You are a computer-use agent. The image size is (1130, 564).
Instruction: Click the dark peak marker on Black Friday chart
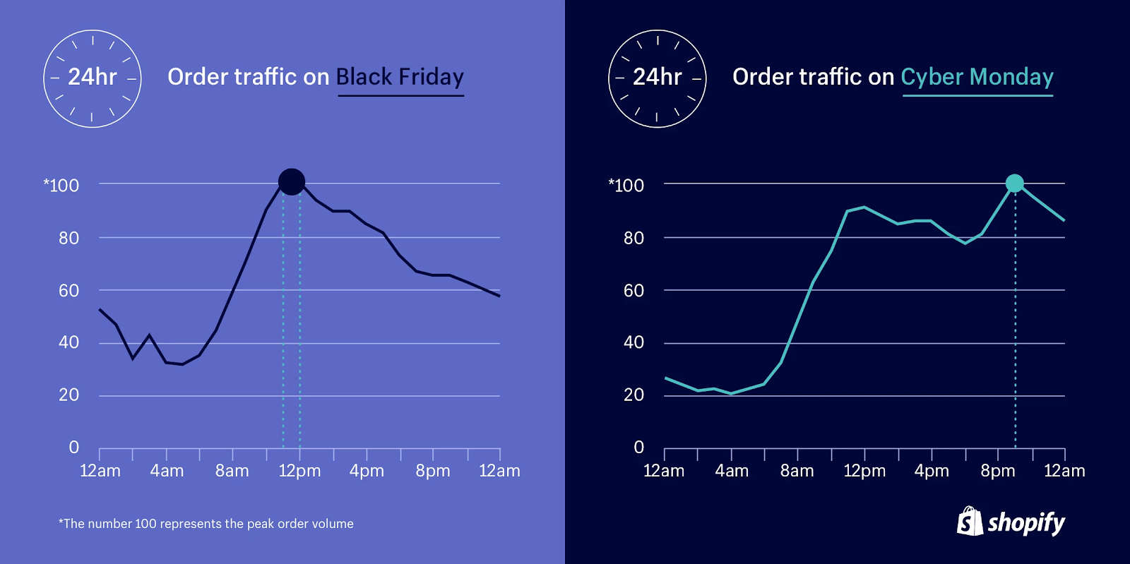point(292,182)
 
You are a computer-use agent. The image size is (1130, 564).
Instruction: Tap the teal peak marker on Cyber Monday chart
point(1015,184)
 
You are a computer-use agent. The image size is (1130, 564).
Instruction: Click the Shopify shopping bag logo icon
point(970,522)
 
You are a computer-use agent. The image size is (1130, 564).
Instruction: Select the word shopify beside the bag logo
point(1026,523)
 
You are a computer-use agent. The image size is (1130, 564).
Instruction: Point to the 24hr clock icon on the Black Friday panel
point(93,78)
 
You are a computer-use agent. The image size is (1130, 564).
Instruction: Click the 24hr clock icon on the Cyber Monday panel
point(658,78)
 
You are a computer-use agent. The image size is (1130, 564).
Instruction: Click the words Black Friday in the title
point(400,76)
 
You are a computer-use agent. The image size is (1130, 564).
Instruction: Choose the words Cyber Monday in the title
point(977,76)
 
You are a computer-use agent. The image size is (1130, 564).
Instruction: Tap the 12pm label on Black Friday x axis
point(299,471)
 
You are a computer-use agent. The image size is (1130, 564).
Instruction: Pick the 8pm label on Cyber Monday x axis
point(997,471)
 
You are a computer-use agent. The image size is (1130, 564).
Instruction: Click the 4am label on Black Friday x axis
point(167,471)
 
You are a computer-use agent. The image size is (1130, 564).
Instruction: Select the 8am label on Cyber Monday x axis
point(797,471)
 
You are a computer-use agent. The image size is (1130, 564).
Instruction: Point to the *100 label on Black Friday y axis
point(61,186)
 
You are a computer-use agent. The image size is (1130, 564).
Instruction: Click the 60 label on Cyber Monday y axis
point(634,290)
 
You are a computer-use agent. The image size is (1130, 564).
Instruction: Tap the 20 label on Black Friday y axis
point(69,395)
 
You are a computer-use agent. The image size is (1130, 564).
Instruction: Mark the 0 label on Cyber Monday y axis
point(639,447)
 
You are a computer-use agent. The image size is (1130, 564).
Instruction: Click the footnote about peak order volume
point(206,524)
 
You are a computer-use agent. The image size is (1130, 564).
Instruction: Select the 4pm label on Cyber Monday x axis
point(932,471)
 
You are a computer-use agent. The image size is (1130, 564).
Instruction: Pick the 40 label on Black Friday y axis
point(69,342)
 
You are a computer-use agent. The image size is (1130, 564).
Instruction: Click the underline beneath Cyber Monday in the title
point(977,95)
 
